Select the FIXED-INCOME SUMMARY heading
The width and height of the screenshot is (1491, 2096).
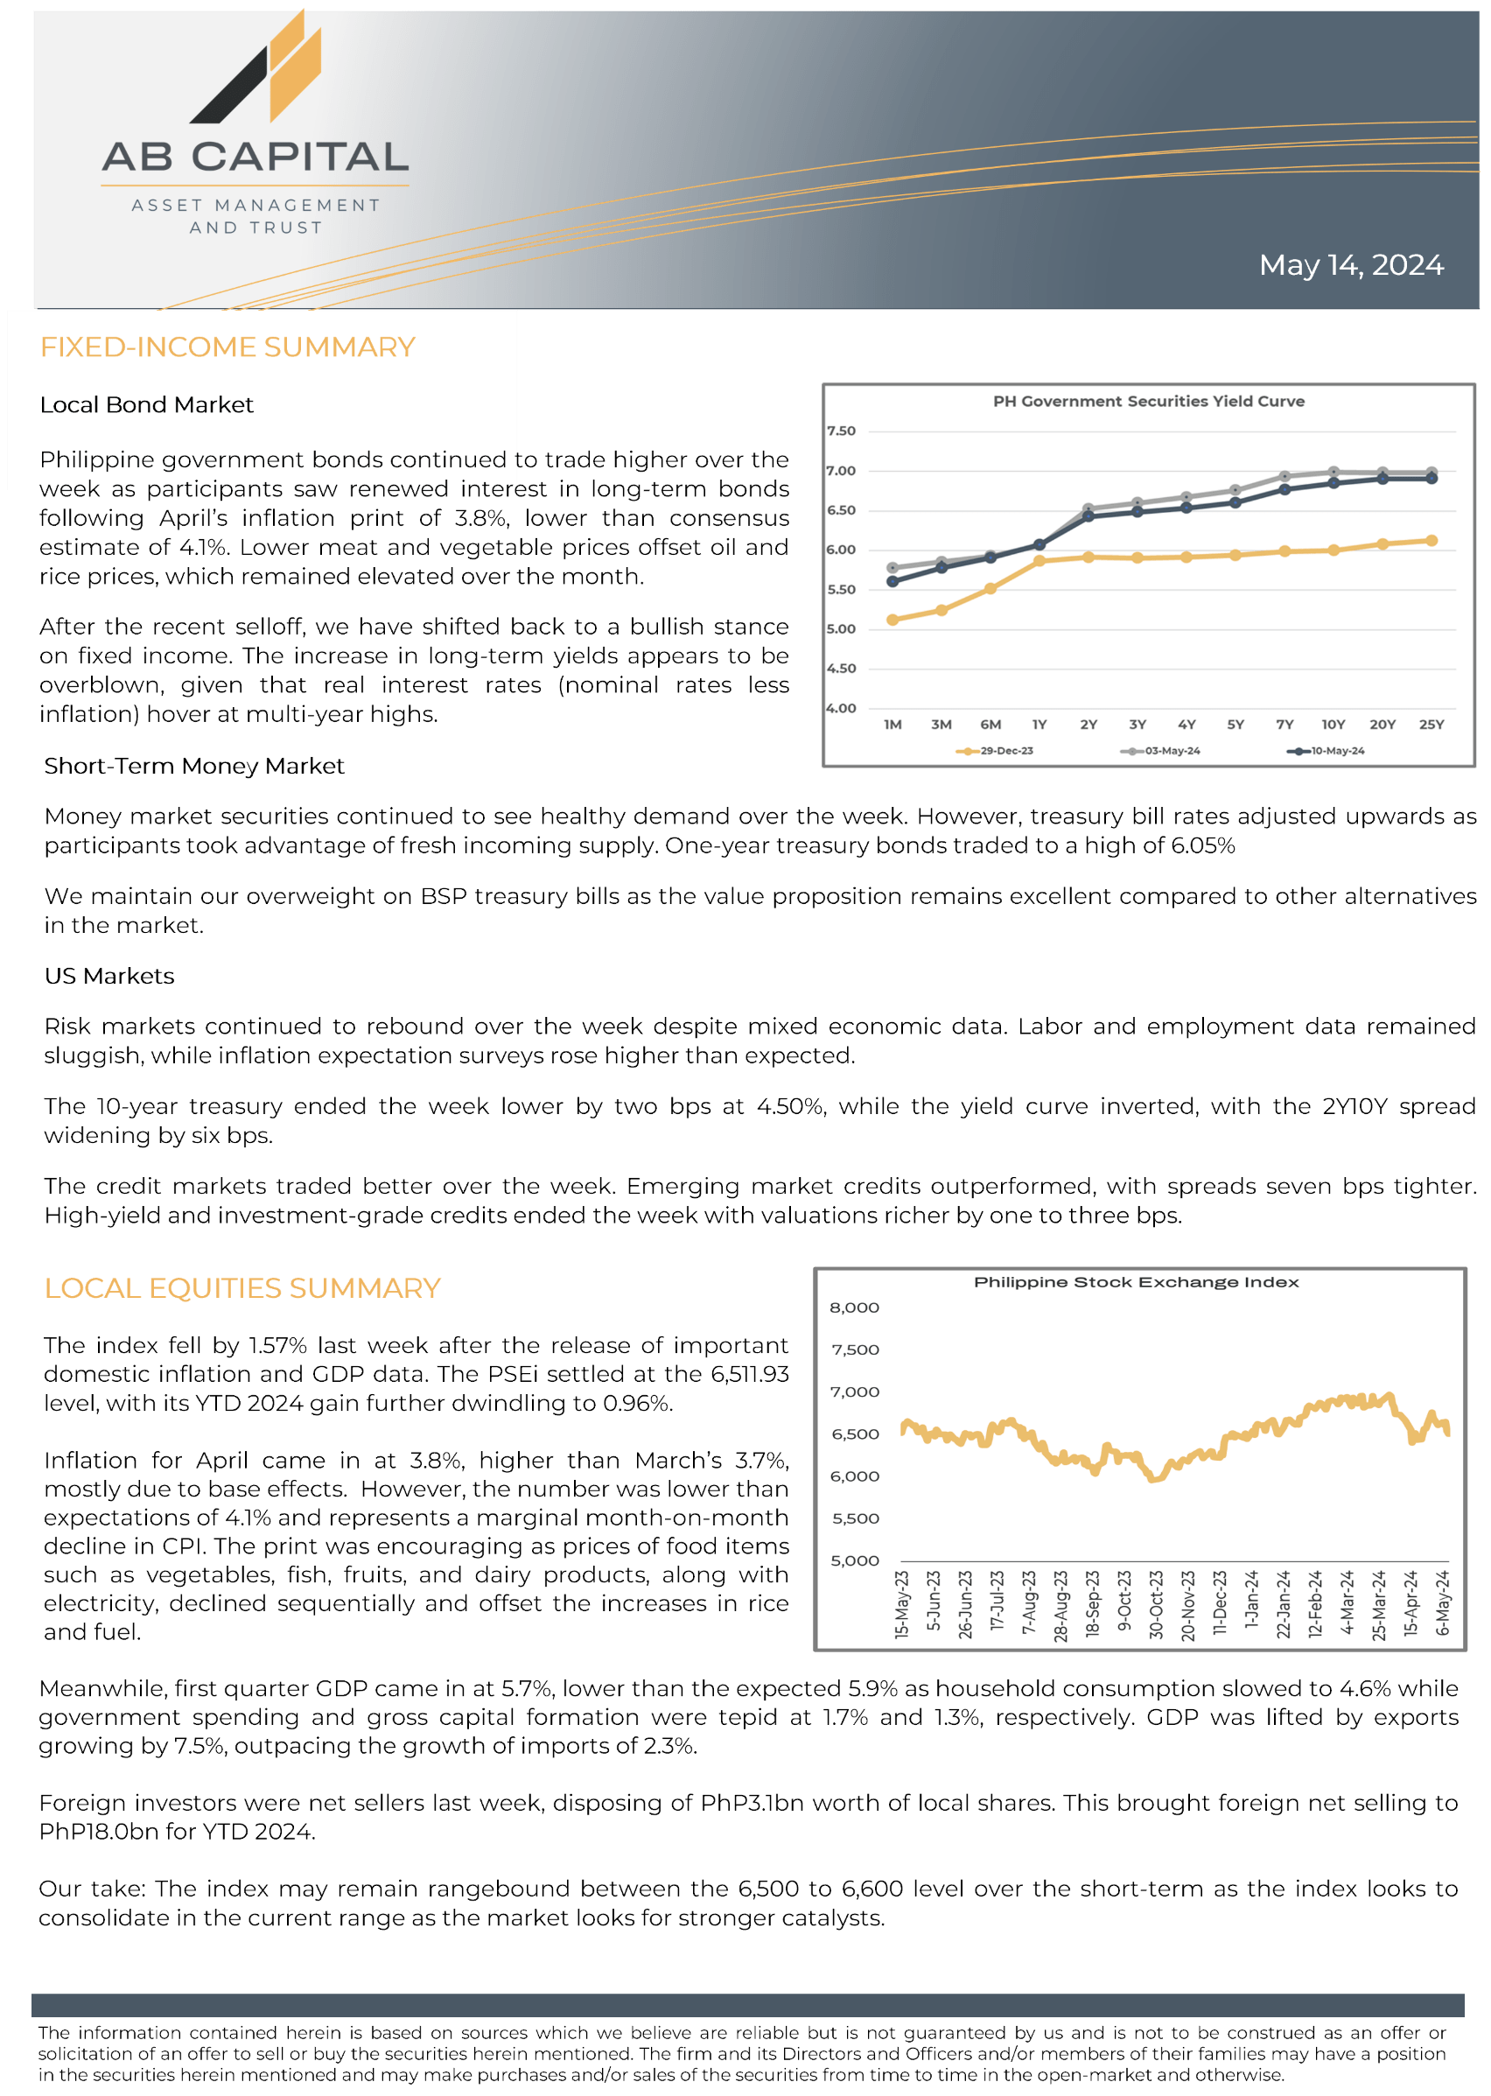click(227, 347)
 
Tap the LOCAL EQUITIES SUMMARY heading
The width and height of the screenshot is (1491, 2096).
click(242, 1288)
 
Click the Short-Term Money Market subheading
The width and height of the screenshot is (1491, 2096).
click(193, 766)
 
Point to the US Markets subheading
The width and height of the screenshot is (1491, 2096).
click(109, 975)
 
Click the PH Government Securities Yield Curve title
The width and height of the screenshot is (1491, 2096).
click(1148, 401)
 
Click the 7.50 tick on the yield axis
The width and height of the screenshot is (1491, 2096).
click(841, 431)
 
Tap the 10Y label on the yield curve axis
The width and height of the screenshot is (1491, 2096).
click(1333, 725)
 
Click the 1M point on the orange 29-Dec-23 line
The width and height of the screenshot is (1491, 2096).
click(892, 620)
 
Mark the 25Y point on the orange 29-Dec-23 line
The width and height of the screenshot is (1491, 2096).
click(1431, 541)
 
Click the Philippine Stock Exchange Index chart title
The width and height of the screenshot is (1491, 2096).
click(1136, 1281)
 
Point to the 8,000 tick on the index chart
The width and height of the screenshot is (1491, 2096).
click(854, 1307)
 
